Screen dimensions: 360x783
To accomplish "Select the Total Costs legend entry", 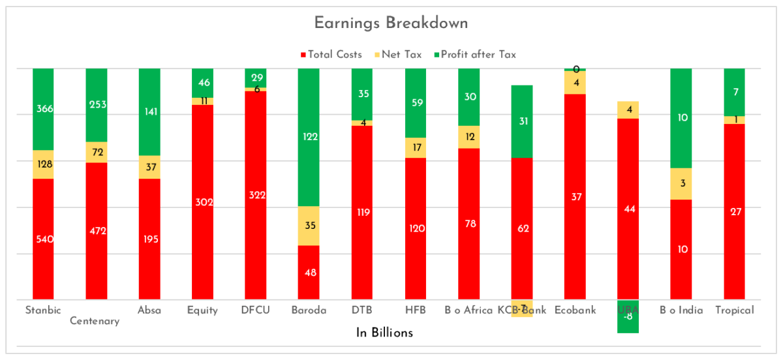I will (331, 55).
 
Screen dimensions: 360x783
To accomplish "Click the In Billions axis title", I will (384, 333).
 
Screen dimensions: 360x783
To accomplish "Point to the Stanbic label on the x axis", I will (43, 310).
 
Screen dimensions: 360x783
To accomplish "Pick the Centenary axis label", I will (95, 321).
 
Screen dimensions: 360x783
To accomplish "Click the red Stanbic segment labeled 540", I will (43, 239).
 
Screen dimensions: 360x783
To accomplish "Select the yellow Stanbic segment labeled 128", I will (43, 164).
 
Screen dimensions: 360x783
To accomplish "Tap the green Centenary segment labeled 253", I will (96, 104).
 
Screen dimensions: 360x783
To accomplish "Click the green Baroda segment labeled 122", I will (309, 137).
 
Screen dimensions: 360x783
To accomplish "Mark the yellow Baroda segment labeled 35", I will (309, 226).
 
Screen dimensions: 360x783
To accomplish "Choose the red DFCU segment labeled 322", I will (255, 195).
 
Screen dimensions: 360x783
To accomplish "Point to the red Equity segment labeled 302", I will (202, 202).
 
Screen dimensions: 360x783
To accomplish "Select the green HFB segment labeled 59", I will (415, 102).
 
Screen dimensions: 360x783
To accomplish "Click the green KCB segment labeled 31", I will (521, 121).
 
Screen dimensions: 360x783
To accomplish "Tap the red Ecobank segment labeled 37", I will (575, 196).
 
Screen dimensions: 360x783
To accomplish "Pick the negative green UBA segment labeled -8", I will (628, 317).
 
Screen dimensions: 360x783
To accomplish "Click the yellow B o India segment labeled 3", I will (681, 184).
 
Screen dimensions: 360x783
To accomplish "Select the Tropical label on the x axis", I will (734, 310).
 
